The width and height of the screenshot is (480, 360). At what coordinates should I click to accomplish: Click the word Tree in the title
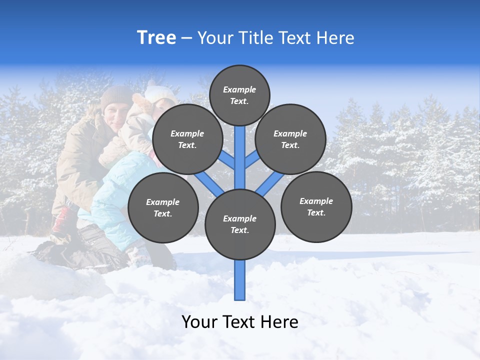click(156, 37)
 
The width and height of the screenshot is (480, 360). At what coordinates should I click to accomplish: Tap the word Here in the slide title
click(335, 38)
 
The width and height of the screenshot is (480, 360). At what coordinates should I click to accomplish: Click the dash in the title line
click(186, 38)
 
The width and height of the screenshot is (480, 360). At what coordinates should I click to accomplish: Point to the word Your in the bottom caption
click(200, 322)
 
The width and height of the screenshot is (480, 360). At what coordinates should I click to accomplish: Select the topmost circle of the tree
click(239, 95)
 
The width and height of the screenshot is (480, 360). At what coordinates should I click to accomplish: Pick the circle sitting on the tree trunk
click(240, 224)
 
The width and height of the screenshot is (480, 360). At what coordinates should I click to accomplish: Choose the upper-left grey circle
click(187, 139)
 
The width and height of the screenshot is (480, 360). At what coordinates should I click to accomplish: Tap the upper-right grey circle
click(290, 139)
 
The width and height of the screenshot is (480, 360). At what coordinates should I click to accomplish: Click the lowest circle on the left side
click(163, 207)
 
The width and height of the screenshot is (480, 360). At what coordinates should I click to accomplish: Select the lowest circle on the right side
click(316, 206)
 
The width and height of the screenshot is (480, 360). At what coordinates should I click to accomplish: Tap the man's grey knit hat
click(116, 95)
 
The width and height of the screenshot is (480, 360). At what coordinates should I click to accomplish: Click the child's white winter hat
click(159, 92)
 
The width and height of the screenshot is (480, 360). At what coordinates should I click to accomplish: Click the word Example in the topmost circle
click(239, 89)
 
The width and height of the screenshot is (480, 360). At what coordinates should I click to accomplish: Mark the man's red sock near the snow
click(61, 220)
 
